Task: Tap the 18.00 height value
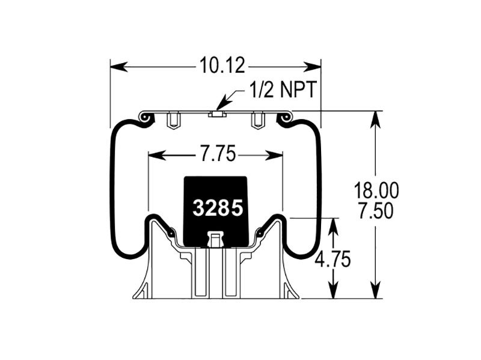point(376,191)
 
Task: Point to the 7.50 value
point(376,211)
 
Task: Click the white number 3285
point(218,208)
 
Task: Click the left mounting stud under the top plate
point(173,121)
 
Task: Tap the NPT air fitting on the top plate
point(216,113)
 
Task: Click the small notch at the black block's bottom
point(215,240)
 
